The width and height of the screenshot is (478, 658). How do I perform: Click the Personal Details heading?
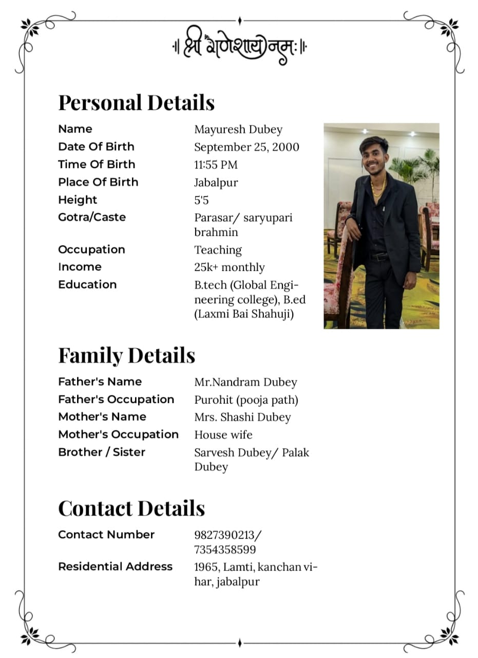(x=136, y=102)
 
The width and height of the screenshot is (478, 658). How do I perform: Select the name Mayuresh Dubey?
(x=238, y=130)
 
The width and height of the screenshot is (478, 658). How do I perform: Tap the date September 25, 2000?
(x=246, y=147)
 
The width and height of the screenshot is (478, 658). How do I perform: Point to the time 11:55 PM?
(x=216, y=165)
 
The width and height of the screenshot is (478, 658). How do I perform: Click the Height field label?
(x=78, y=199)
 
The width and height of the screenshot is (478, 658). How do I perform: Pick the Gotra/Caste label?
(x=92, y=217)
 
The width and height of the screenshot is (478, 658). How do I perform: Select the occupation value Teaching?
(x=218, y=250)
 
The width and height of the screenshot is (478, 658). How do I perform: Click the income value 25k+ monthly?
(x=230, y=267)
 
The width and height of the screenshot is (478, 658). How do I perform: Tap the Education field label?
(x=87, y=284)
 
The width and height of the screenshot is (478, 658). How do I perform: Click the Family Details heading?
(x=126, y=355)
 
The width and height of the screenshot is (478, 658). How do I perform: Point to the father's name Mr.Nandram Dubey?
(x=245, y=382)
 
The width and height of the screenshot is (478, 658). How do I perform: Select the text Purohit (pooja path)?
(x=246, y=400)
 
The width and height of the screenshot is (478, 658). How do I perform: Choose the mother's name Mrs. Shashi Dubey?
(x=242, y=417)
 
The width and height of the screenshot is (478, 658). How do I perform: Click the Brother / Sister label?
(x=102, y=452)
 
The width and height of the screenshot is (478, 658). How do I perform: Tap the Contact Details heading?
(x=131, y=508)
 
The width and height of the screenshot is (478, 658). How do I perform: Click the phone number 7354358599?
(x=225, y=550)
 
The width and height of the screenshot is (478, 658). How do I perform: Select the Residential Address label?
(x=115, y=566)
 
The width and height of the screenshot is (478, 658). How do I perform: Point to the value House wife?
(x=223, y=435)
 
